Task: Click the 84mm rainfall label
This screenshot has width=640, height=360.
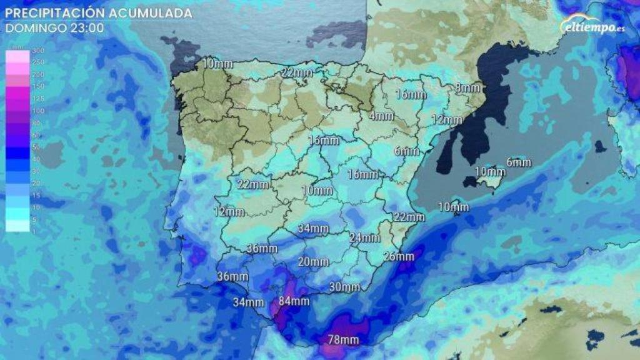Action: click(x=294, y=301)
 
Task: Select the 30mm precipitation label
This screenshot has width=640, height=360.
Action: click(x=344, y=287)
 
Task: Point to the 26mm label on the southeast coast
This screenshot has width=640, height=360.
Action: click(x=398, y=257)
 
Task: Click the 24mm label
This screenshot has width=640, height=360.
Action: click(x=364, y=238)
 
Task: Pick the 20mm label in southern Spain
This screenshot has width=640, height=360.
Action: click(x=312, y=262)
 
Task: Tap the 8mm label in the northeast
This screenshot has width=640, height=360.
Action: click(x=467, y=88)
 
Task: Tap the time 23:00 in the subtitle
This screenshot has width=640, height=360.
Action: click(x=87, y=28)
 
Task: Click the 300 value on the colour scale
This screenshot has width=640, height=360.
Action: click(x=18, y=51)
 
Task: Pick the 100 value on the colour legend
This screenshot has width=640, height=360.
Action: click(x=18, y=110)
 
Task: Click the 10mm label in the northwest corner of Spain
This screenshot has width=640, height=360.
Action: click(x=215, y=63)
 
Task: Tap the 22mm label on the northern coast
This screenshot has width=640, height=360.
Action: click(x=296, y=73)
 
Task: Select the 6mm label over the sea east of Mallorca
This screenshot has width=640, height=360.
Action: click(x=518, y=162)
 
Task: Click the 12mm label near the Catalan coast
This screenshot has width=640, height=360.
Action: click(x=446, y=119)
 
